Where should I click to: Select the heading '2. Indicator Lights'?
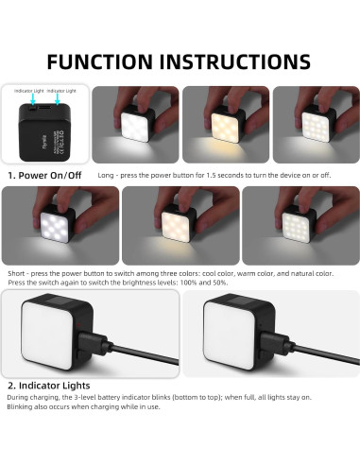(x=51, y=386)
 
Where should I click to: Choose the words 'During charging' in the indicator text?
(x=29, y=397)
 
